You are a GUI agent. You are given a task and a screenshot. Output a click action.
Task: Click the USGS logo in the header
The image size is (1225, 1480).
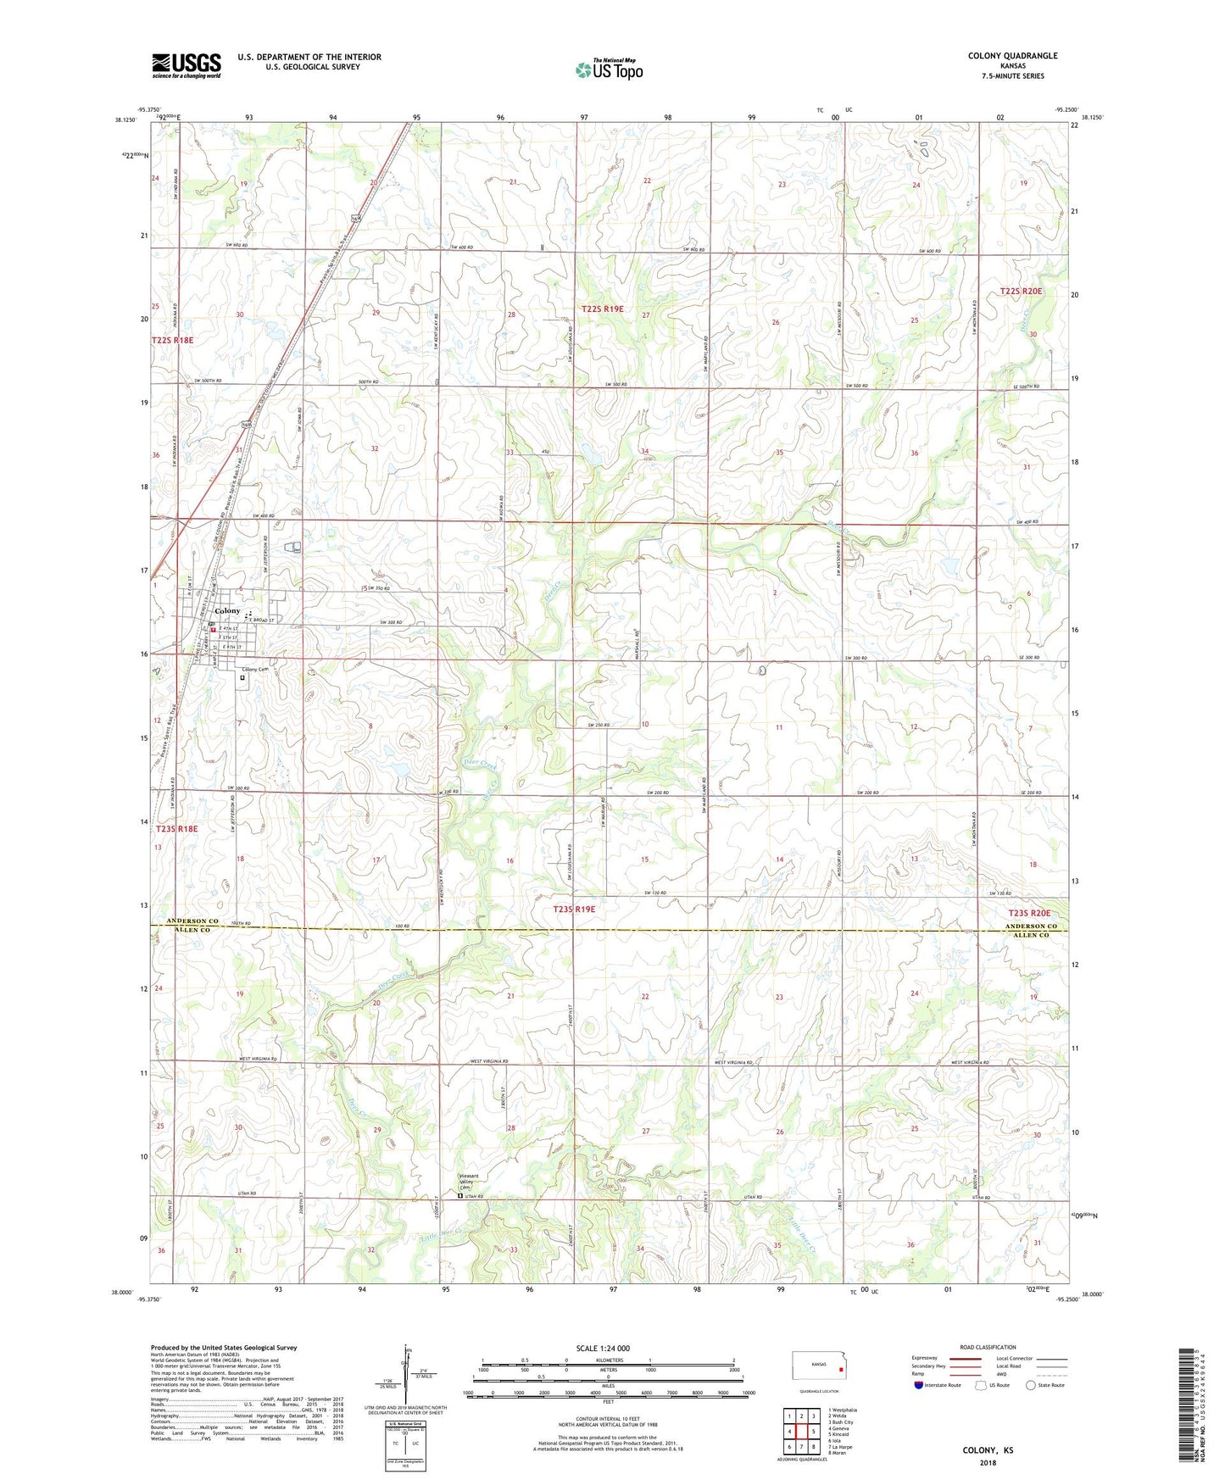pyautogui.click(x=187, y=65)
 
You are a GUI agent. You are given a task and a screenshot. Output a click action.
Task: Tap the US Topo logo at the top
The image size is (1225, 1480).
pyautogui.click(x=609, y=70)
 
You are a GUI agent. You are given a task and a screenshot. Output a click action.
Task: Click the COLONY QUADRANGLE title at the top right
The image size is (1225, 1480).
pyautogui.click(x=1012, y=56)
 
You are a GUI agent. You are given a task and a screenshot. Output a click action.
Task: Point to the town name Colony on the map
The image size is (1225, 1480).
pyautogui.click(x=227, y=611)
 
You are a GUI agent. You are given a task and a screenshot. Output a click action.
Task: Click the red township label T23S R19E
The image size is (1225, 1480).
pyautogui.click(x=574, y=909)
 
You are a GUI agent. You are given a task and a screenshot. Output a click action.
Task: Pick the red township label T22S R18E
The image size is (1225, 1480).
pyautogui.click(x=172, y=340)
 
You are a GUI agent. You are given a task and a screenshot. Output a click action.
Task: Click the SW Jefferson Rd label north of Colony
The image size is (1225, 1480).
pyautogui.click(x=265, y=552)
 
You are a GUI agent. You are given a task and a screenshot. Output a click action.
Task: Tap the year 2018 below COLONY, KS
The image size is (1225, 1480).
pyautogui.click(x=988, y=1462)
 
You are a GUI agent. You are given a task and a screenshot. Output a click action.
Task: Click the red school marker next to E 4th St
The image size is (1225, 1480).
pyautogui.click(x=214, y=630)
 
